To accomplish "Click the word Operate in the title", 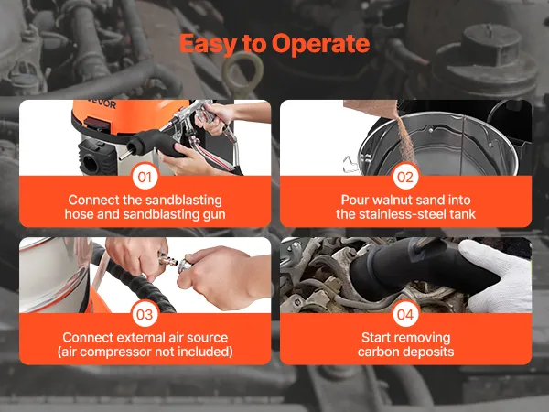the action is pyautogui.click(x=320, y=44).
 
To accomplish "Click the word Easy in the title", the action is pyautogui.click(x=208, y=45).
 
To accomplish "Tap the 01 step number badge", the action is pyautogui.click(x=145, y=177).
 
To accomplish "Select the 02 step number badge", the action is pyautogui.click(x=405, y=177).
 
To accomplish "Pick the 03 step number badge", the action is pyautogui.click(x=145, y=314).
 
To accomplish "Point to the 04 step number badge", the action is pyautogui.click(x=405, y=314).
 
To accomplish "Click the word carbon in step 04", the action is pyautogui.click(x=379, y=352).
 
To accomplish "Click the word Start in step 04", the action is pyautogui.click(x=375, y=337).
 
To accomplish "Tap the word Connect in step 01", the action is pyautogui.click(x=94, y=200).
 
